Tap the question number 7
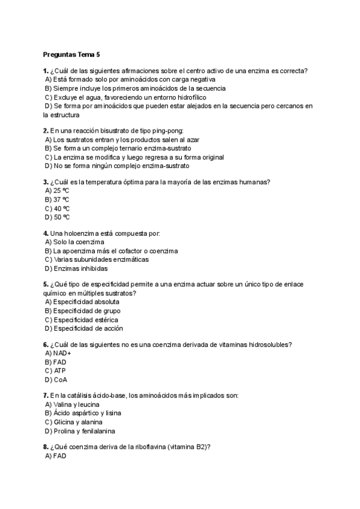(46, 396)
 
